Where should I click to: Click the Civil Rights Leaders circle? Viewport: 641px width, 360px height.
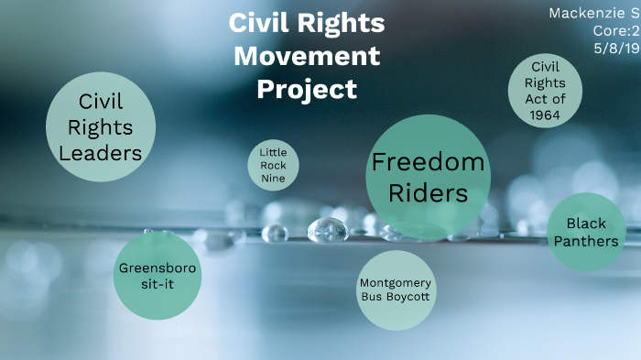coord(101,126)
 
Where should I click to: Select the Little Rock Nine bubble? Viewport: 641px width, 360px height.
coord(274,165)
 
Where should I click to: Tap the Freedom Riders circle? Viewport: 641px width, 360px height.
coord(427,177)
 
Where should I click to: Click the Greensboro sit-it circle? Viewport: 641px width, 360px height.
coord(158,276)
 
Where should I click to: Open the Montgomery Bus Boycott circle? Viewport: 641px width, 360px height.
coord(395,289)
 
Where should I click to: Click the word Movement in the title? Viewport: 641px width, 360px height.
coord(306,56)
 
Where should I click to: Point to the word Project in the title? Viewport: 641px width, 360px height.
coord(306,90)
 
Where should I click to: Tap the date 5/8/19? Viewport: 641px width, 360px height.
coord(616,46)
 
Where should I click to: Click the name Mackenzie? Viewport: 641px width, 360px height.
coord(584,13)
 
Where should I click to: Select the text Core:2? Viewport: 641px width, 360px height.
coord(615,29)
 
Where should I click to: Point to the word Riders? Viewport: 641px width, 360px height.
coord(428,194)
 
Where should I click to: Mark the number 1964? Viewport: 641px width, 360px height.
coord(545,115)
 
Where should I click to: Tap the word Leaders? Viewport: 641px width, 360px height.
coord(101,152)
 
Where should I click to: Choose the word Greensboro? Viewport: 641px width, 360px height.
coord(158,268)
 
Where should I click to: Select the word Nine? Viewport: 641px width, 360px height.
coord(274,179)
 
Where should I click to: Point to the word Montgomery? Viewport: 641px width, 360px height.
coord(395,282)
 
